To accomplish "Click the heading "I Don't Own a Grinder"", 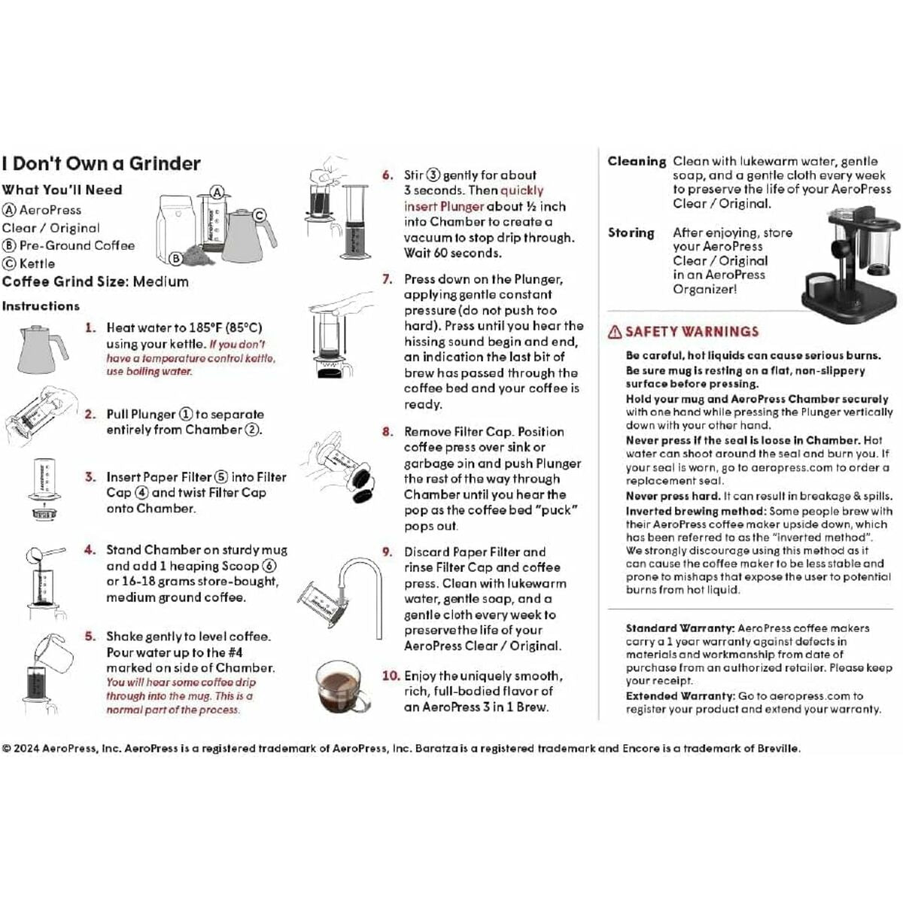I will [102, 164].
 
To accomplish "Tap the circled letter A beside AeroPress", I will [9, 211].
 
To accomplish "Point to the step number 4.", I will [90, 550].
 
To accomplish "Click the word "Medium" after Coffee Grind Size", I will [160, 282].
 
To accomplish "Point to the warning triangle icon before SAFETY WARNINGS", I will [615, 332].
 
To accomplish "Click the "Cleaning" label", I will [637, 162].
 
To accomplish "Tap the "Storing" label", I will [631, 233].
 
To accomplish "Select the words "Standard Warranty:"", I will [680, 628].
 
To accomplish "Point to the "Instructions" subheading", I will [41, 306].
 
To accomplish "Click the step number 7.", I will [388, 279].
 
